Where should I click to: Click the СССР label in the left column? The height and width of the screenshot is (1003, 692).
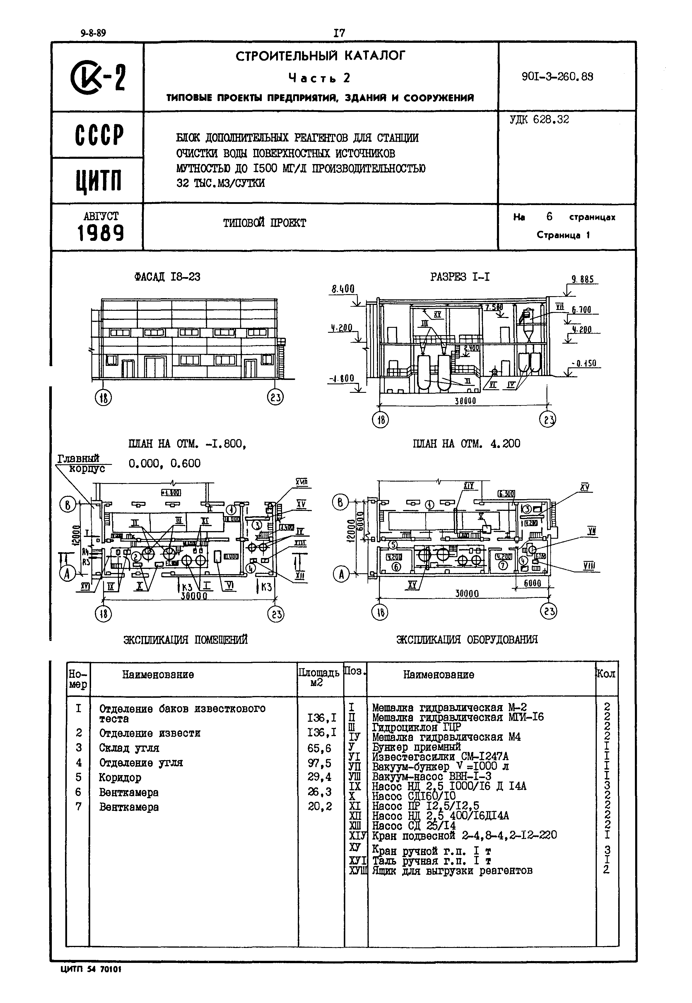click(x=99, y=135)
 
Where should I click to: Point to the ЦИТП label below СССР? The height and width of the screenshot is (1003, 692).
click(x=99, y=181)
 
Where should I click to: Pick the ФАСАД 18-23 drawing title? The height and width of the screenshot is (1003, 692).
click(x=168, y=277)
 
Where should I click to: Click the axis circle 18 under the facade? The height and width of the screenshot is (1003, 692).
click(x=103, y=398)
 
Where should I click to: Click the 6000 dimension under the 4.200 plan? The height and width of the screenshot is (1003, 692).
click(x=532, y=584)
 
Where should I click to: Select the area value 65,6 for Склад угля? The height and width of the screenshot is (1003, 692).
click(x=319, y=748)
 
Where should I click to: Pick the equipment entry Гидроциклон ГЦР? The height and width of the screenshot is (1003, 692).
click(x=416, y=727)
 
